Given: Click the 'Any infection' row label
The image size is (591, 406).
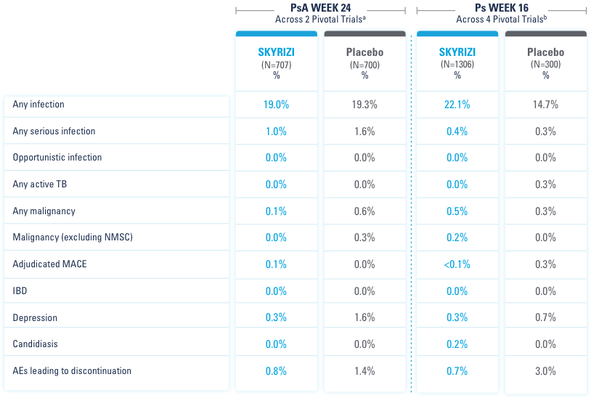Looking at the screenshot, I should [38, 105].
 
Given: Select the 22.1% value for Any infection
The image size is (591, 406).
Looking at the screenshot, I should [457, 105].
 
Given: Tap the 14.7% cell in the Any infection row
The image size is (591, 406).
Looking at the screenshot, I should [545, 105].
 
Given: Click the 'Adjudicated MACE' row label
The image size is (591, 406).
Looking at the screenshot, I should [49, 264].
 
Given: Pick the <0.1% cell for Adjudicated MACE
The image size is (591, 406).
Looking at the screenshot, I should [457, 264].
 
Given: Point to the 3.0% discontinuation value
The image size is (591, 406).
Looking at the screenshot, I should [545, 371].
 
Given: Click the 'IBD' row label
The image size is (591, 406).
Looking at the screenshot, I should [20, 291].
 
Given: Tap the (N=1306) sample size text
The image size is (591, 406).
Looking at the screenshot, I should [457, 65].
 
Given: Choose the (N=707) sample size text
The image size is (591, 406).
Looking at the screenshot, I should [276, 65].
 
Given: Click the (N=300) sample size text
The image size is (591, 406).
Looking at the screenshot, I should [545, 65].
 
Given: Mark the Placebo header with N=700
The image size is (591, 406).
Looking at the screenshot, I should [364, 53].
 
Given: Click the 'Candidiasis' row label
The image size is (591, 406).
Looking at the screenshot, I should [35, 344].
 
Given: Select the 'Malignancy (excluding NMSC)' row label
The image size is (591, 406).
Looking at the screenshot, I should [73, 237].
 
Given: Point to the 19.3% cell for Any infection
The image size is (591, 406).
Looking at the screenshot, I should [364, 105].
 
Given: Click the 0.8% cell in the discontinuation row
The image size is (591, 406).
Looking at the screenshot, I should [276, 371].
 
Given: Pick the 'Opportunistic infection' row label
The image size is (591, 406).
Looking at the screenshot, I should [57, 158].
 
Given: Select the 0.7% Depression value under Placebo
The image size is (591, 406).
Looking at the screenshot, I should [545, 317].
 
